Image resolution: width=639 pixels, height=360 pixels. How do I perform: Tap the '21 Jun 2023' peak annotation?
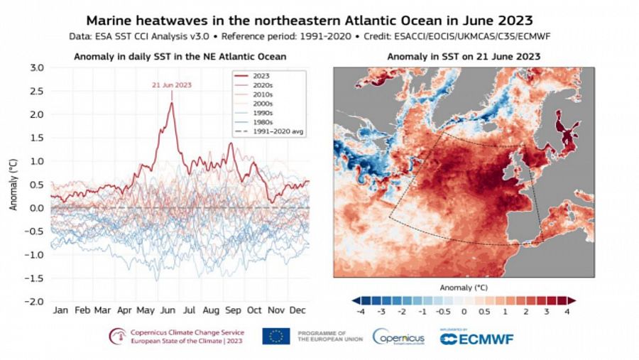click(x=172, y=85)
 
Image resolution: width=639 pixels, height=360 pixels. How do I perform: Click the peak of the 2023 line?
click(x=171, y=103)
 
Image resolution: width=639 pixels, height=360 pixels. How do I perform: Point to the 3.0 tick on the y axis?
click(x=36, y=68)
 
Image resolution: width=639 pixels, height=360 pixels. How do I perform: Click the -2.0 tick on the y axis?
click(x=35, y=302)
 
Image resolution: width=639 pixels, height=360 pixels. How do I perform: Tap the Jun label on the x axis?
click(x=168, y=311)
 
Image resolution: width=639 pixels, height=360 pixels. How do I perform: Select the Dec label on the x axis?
click(x=299, y=311)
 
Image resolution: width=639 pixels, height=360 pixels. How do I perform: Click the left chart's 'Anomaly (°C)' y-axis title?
click(x=12, y=185)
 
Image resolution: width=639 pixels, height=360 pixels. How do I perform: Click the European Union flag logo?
click(x=275, y=337)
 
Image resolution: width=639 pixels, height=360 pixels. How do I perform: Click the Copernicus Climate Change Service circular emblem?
click(x=117, y=337)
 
